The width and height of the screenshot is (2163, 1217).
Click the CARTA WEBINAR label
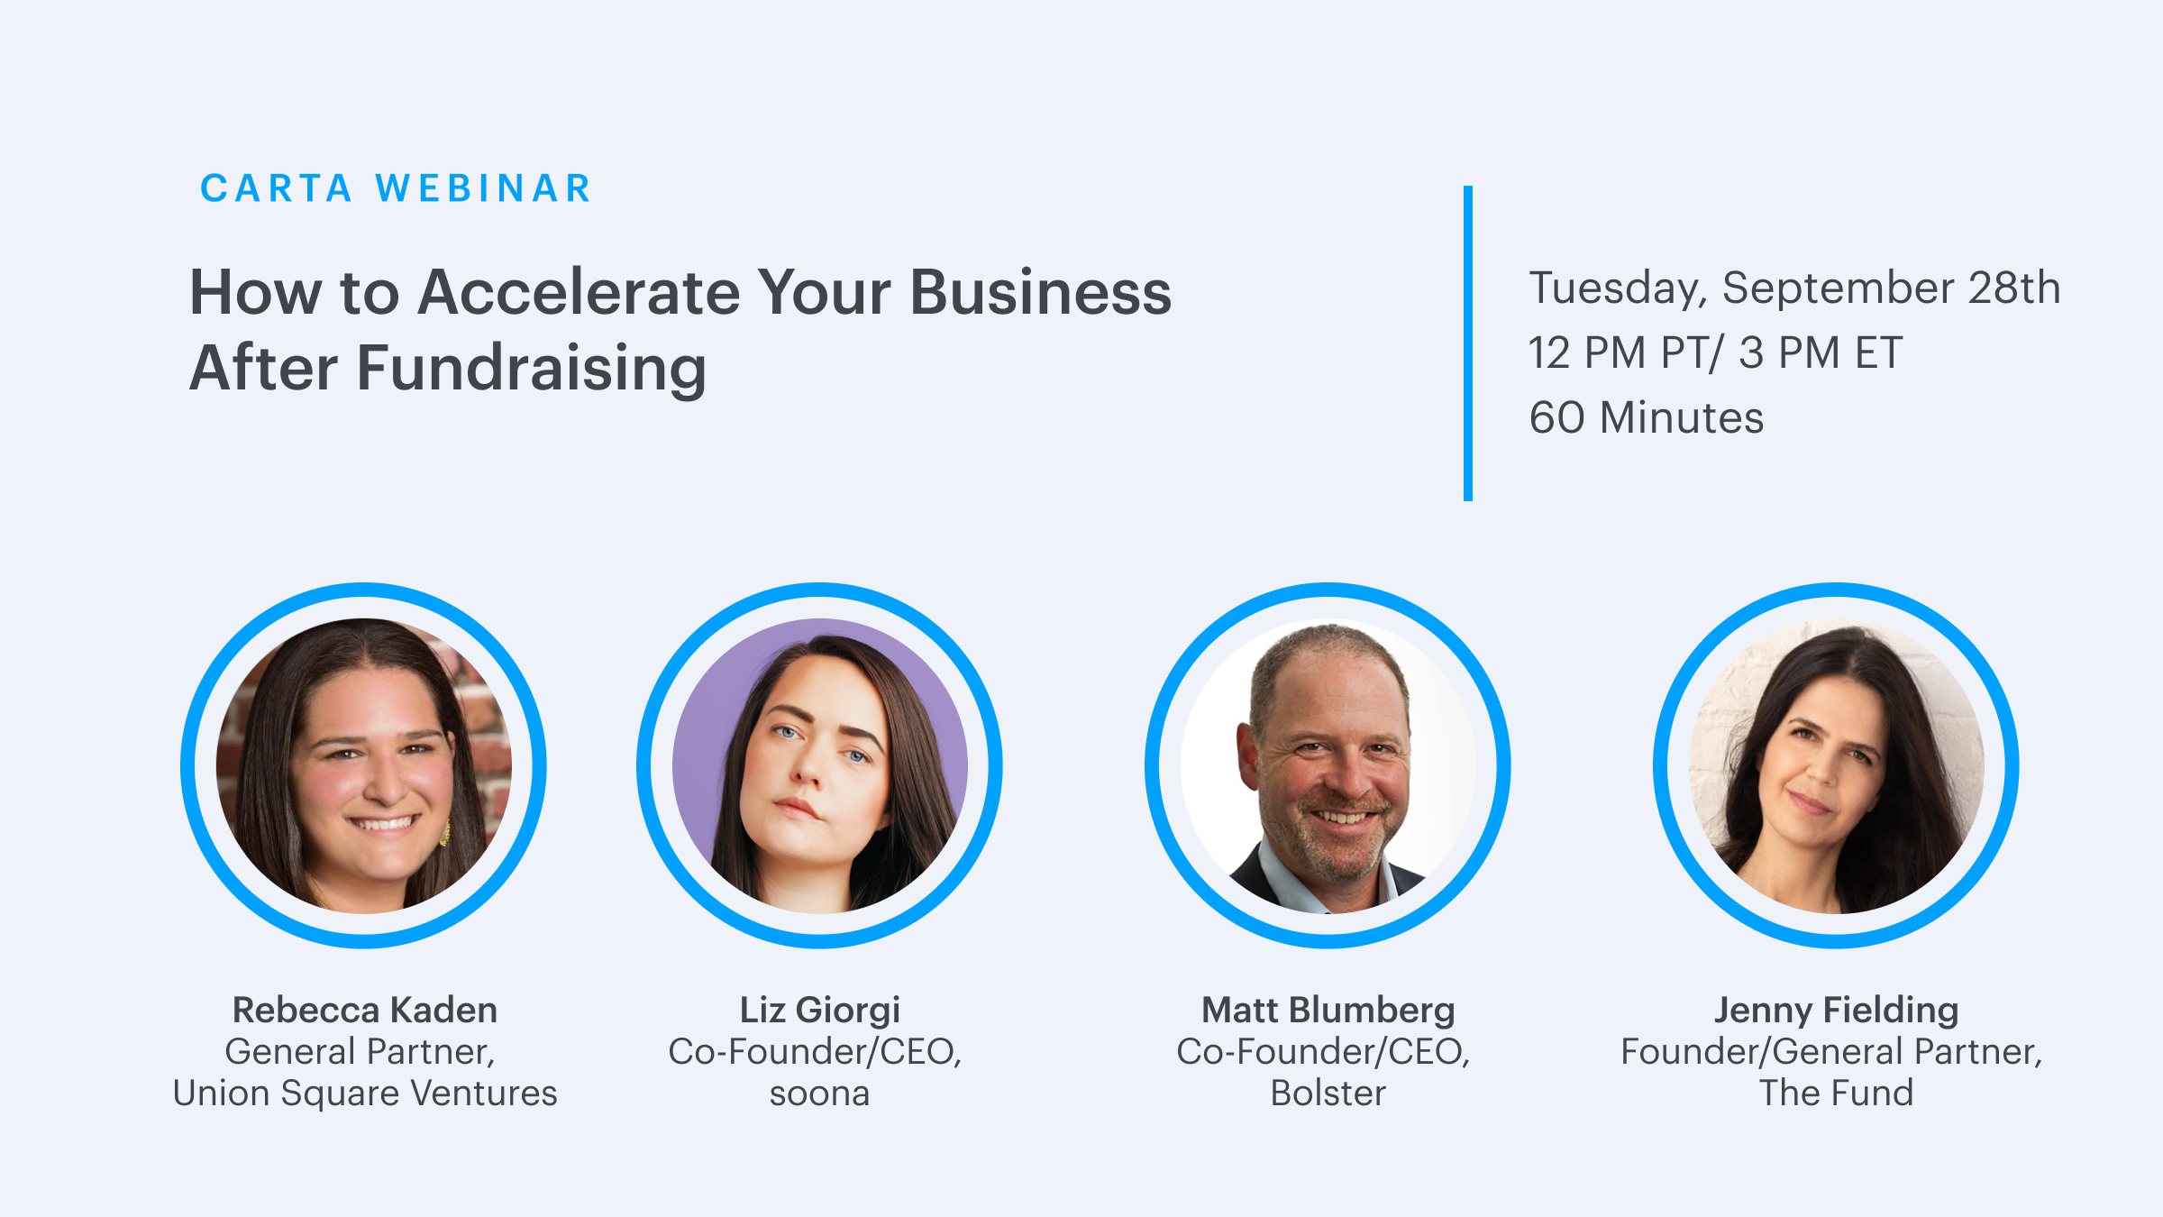pyautogui.click(x=396, y=188)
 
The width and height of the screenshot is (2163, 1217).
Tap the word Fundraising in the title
pyautogui.click(x=532, y=369)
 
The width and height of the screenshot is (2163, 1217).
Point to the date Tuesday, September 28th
pyautogui.click(x=1794, y=288)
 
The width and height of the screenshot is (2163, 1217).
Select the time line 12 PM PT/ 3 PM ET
pyautogui.click(x=1715, y=352)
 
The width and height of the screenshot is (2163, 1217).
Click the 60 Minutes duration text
pyautogui.click(x=1646, y=417)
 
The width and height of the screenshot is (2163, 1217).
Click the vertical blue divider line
pyautogui.click(x=1468, y=343)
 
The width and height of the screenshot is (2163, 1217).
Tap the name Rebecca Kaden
pyautogui.click(x=365, y=1010)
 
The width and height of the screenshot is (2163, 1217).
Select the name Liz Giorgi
pyautogui.click(x=820, y=1011)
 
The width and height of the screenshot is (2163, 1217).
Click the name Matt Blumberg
pyautogui.click(x=1328, y=1011)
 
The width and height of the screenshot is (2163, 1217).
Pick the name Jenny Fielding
pyautogui.click(x=1837, y=1011)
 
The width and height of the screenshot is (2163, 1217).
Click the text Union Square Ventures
pyautogui.click(x=365, y=1093)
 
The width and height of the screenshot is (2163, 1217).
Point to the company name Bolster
pyautogui.click(x=1328, y=1093)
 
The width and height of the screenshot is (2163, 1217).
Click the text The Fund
pyautogui.click(x=1837, y=1093)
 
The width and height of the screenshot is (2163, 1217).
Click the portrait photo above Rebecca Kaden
pyautogui.click(x=364, y=765)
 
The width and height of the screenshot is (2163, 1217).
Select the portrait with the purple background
pyautogui.click(x=820, y=765)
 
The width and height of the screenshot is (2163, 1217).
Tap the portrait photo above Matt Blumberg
pyautogui.click(x=1328, y=765)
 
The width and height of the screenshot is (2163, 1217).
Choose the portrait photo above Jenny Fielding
pyautogui.click(x=1837, y=765)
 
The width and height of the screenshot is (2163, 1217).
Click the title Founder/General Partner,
pyautogui.click(x=1832, y=1052)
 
